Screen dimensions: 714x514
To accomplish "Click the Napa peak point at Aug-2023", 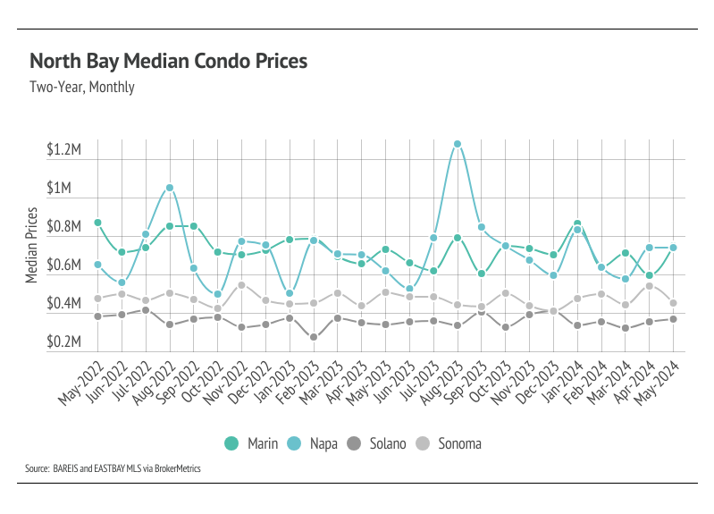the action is pos(458,144).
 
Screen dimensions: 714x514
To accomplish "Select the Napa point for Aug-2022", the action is pos(170,188).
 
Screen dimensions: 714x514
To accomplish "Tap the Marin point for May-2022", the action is pos(98,223).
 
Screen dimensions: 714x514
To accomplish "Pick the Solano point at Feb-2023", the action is pos(314,337).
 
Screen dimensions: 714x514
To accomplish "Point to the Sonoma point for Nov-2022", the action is pos(242,285).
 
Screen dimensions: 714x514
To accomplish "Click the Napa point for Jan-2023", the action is pos(290,293).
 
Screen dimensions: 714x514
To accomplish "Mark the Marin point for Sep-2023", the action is pos(482,274).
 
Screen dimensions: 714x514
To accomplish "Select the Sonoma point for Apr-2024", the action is pos(650,286).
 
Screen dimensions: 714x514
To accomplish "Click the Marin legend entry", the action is pos(251,443).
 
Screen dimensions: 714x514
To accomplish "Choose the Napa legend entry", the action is pos(313,443).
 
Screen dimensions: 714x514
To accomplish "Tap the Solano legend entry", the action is pos(376,443).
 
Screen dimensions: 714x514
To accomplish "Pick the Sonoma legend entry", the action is pos(449,443).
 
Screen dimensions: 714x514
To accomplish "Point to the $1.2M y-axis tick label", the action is pos(63,149).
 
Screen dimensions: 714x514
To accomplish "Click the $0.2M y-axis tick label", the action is pos(63,341).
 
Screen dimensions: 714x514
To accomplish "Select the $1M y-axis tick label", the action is pos(59,188).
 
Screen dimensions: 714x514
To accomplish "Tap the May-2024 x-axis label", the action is pos(657,383).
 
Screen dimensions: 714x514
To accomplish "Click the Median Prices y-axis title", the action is pos(31,245).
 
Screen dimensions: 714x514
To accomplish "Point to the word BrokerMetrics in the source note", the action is pos(178,468).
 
